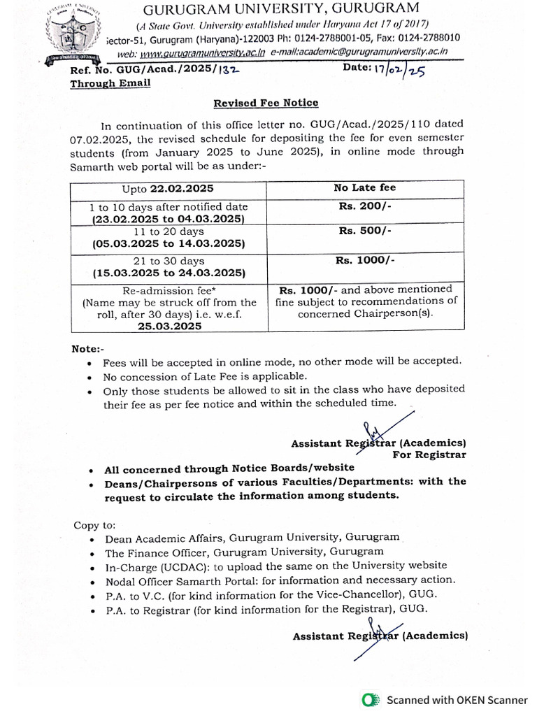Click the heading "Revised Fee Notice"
tap(266, 103)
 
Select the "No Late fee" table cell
tap(364, 187)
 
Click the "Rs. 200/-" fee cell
tap(364, 207)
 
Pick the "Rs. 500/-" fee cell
tap(364, 230)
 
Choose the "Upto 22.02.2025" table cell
tap(168, 189)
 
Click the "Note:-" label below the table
tap(88, 348)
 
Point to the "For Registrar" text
tap(429, 454)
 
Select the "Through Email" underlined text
tap(110, 83)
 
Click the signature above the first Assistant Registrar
tap(378, 430)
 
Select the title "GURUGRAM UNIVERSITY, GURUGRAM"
tap(281, 8)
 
